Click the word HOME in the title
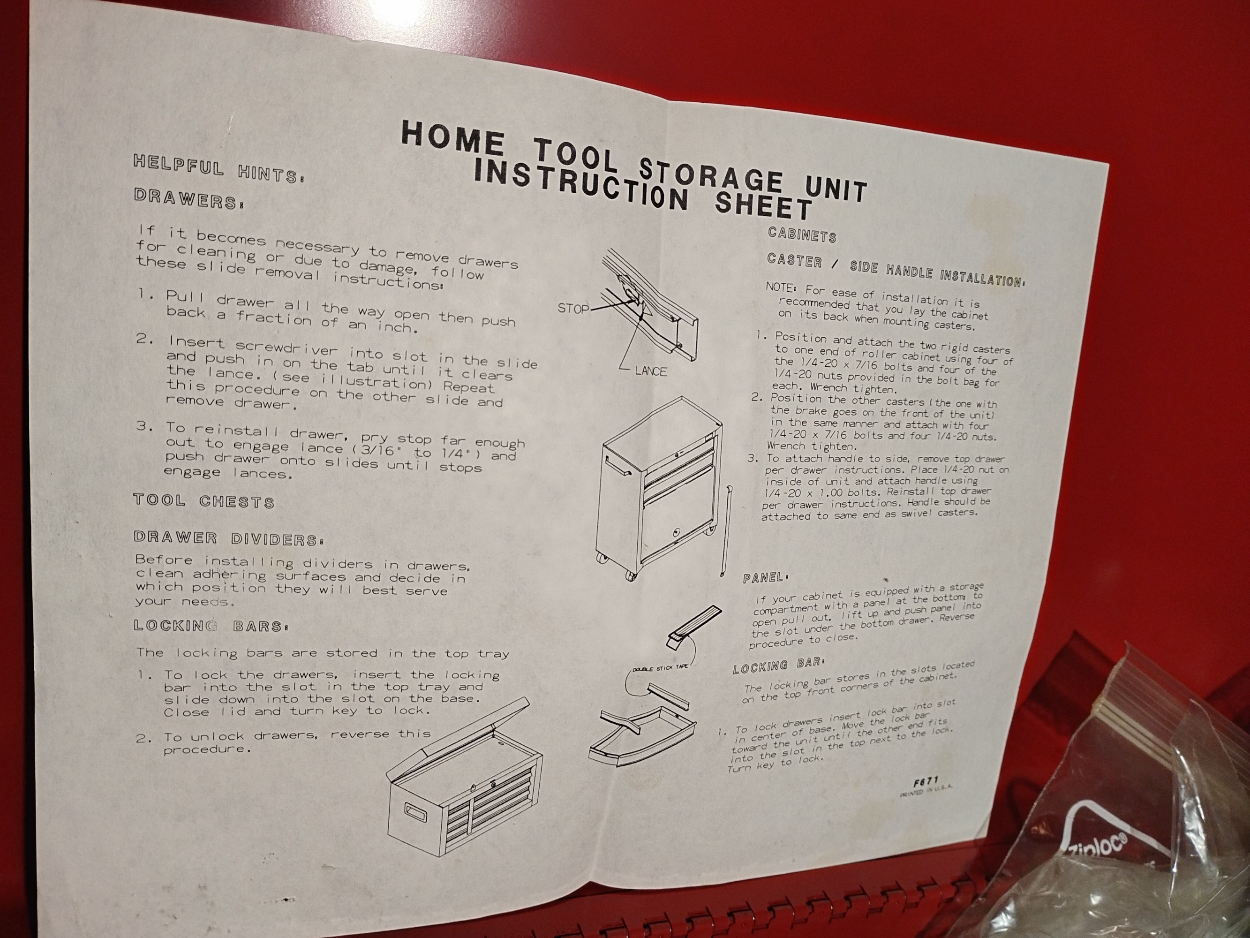tap(452, 139)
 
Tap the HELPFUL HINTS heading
tap(218, 168)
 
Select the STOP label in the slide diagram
tap(573, 308)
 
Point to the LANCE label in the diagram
tap(650, 371)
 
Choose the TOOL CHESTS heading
tap(204, 501)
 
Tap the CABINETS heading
tap(801, 234)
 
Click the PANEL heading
tap(764, 578)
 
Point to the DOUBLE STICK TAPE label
tap(661, 669)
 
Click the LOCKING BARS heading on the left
tap(211, 626)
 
